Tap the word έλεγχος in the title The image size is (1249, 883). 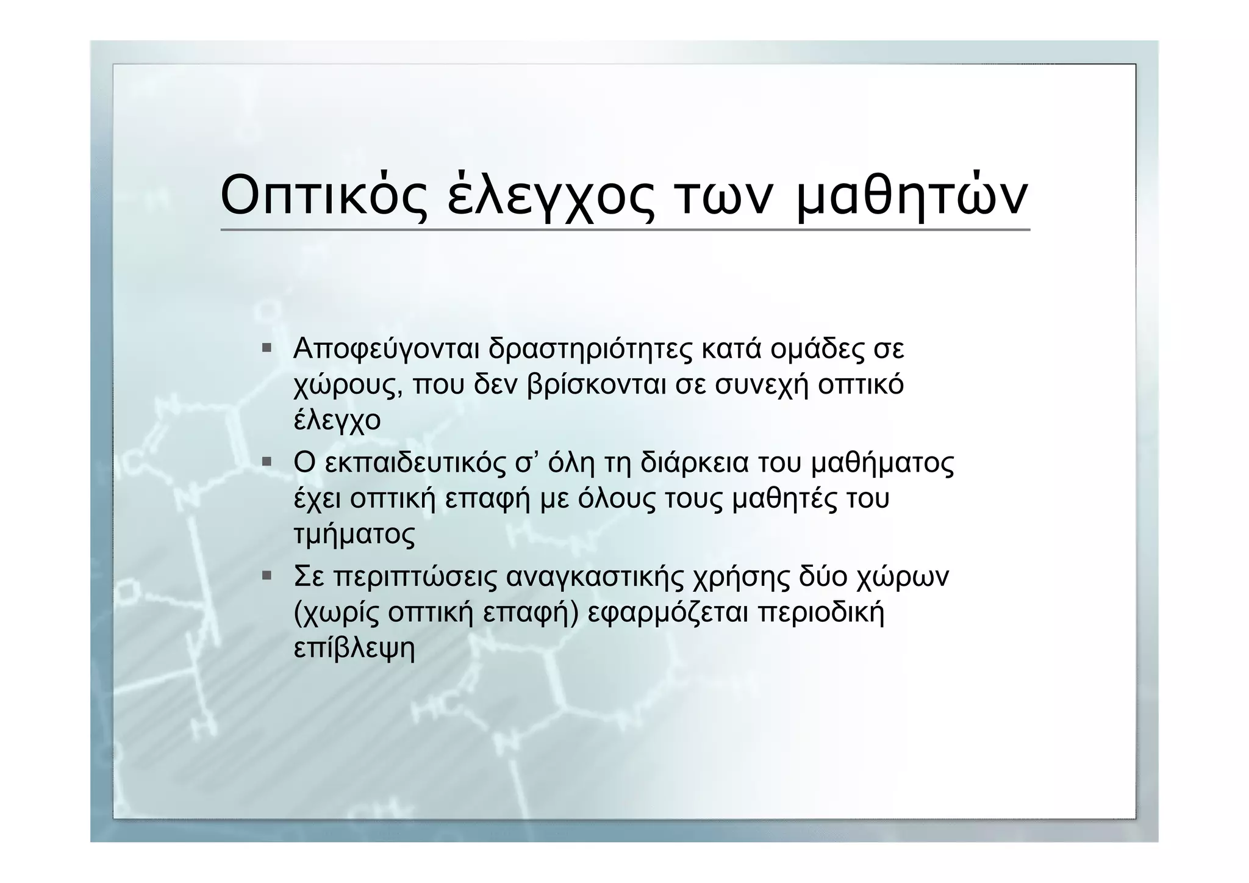click(x=550, y=197)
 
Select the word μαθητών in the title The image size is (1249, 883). click(x=912, y=197)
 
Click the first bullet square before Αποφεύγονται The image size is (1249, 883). click(x=267, y=348)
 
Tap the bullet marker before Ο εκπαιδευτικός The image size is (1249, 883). click(x=267, y=462)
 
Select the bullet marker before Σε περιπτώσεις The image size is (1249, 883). click(x=267, y=575)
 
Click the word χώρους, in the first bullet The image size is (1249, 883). click(x=348, y=386)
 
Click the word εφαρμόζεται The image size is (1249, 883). click(x=668, y=613)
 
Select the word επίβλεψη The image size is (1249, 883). click(x=354, y=649)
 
